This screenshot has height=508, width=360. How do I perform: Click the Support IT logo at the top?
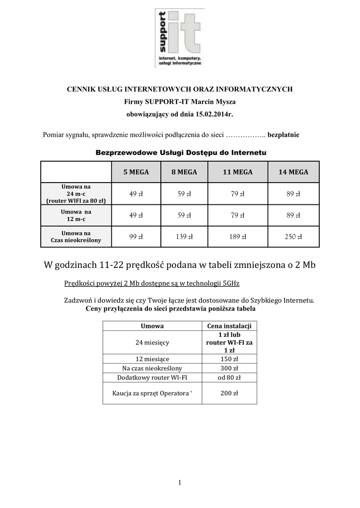[179, 38]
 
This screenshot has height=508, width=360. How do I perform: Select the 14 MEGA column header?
[293, 172]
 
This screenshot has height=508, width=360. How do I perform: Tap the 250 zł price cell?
[293, 237]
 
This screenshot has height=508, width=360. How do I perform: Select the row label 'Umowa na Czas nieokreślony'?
[76, 237]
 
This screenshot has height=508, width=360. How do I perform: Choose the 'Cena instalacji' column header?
[229, 326]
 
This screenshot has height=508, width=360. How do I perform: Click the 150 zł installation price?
[229, 359]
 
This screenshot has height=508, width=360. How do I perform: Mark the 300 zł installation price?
[229, 368]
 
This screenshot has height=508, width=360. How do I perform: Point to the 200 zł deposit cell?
[229, 393]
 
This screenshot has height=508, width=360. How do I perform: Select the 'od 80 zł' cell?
[229, 377]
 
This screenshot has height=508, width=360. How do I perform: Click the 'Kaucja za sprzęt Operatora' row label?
[152, 393]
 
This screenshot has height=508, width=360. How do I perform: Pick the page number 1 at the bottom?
[180, 482]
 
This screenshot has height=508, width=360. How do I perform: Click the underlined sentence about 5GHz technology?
[152, 283]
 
